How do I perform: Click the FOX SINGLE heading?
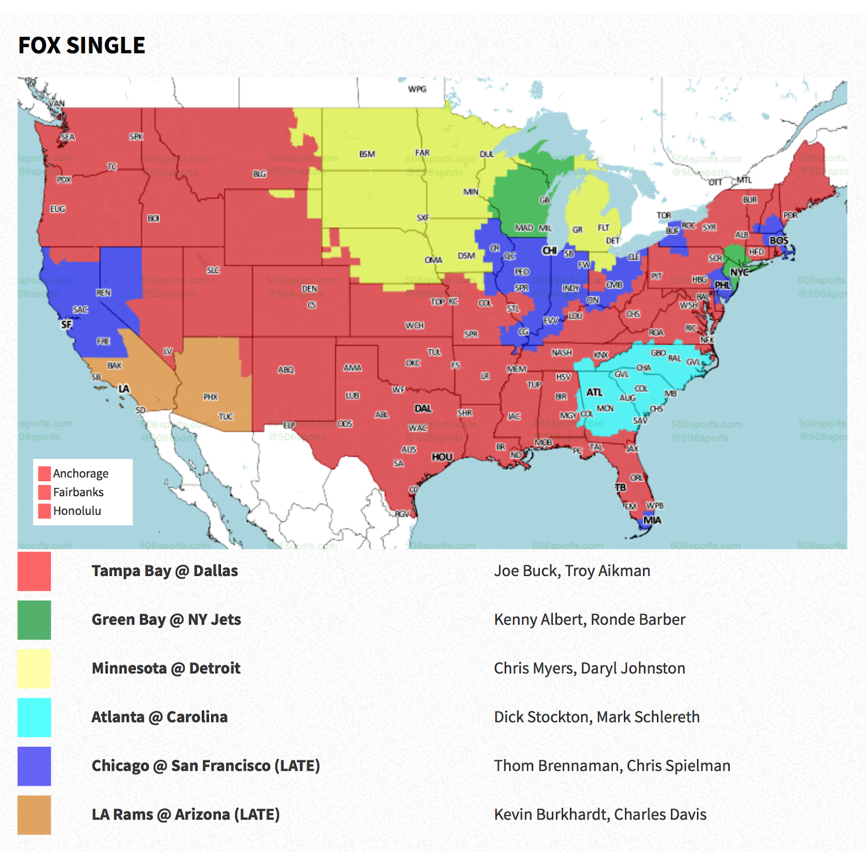[x=82, y=45]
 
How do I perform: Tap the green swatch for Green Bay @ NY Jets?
[x=34, y=620]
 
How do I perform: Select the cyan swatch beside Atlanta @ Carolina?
[x=34, y=717]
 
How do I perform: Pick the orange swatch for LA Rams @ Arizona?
[x=34, y=815]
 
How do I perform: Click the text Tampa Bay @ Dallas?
[x=165, y=571]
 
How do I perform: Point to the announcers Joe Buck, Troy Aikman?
[x=572, y=571]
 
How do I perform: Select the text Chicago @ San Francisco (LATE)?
[x=206, y=766]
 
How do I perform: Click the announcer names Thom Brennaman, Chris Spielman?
[x=612, y=766]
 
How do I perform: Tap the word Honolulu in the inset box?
[x=77, y=511]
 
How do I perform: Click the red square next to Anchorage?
[x=44, y=474]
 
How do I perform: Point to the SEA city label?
[x=68, y=137]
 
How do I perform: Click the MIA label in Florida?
[x=652, y=520]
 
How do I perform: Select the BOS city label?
[x=779, y=240]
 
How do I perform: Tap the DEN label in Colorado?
[x=310, y=288]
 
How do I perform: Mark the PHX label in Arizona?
[x=211, y=397]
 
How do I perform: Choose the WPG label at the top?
[x=417, y=89]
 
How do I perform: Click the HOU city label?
[x=442, y=457]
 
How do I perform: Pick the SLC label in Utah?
[x=213, y=270]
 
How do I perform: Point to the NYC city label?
[x=739, y=272]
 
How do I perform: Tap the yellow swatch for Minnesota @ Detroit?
[x=34, y=668]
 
